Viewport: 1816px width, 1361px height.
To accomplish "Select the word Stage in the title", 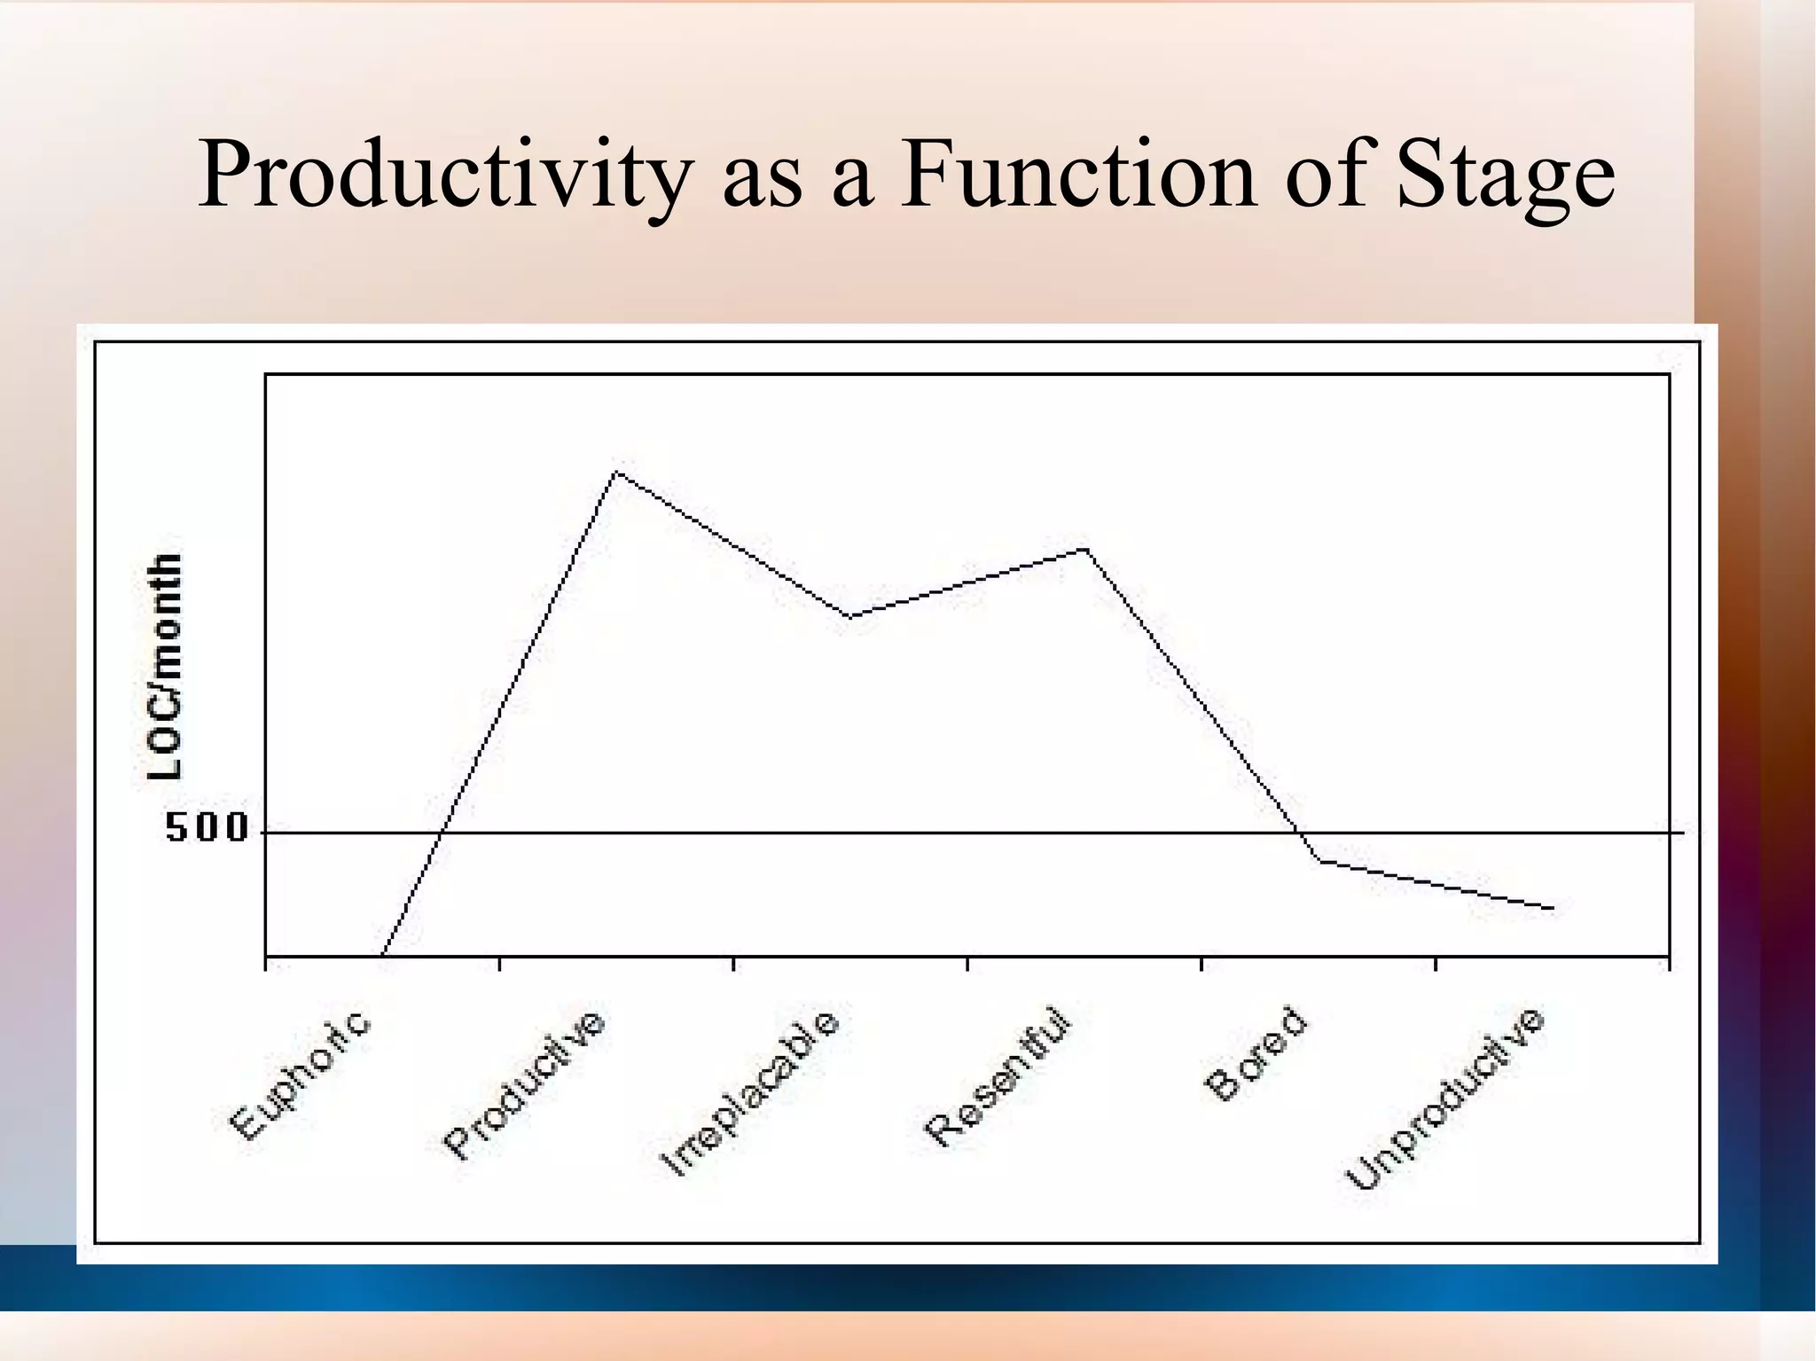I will pos(1506,177).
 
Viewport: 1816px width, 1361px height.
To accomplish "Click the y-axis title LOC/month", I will pos(165,667).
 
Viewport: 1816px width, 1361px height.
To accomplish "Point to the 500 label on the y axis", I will pos(207,828).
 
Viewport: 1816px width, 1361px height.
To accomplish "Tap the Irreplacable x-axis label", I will pos(750,1093).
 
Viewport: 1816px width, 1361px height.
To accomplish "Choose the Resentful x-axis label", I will pos(998,1076).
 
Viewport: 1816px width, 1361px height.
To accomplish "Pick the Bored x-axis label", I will pos(1256,1054).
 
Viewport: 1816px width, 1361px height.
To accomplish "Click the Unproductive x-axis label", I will pos(1446,1099).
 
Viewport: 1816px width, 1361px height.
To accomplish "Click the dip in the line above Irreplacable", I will pos(849,616).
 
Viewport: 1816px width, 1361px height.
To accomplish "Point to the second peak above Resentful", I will pos(1084,550).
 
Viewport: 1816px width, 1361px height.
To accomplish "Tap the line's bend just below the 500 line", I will pos(1320,860).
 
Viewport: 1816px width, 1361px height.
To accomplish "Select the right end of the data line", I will pos(1552,908).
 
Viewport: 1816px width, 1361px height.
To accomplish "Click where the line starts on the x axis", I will pos(382,957).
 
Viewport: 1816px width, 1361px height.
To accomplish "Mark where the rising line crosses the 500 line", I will pos(441,833).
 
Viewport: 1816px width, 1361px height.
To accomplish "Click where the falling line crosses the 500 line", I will pos(1300,833).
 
